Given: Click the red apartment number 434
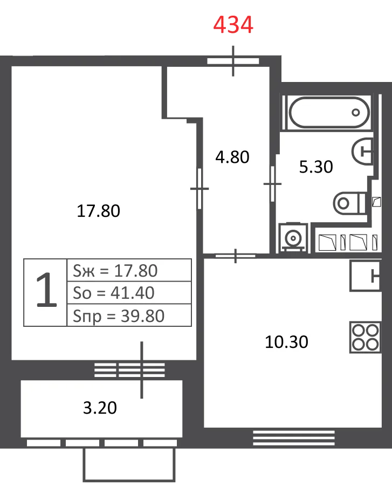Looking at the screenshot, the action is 233,25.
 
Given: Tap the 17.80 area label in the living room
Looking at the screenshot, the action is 98,211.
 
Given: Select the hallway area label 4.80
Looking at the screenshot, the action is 232,157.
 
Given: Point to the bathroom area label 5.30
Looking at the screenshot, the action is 316,167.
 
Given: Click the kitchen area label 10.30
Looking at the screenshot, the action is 286,341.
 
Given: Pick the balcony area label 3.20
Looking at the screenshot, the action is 100,408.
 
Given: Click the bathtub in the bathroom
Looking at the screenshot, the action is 329,112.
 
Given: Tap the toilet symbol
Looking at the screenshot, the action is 349,203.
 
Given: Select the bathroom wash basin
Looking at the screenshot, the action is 362,151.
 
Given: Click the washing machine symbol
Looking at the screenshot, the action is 293,238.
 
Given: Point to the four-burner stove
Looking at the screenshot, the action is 365,337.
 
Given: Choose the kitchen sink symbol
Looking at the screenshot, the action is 365,276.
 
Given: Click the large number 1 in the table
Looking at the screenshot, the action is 46,290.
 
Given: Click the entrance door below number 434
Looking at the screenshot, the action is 233,61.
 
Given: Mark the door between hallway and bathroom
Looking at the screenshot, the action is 273,184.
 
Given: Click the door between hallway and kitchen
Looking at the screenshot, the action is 236,256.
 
